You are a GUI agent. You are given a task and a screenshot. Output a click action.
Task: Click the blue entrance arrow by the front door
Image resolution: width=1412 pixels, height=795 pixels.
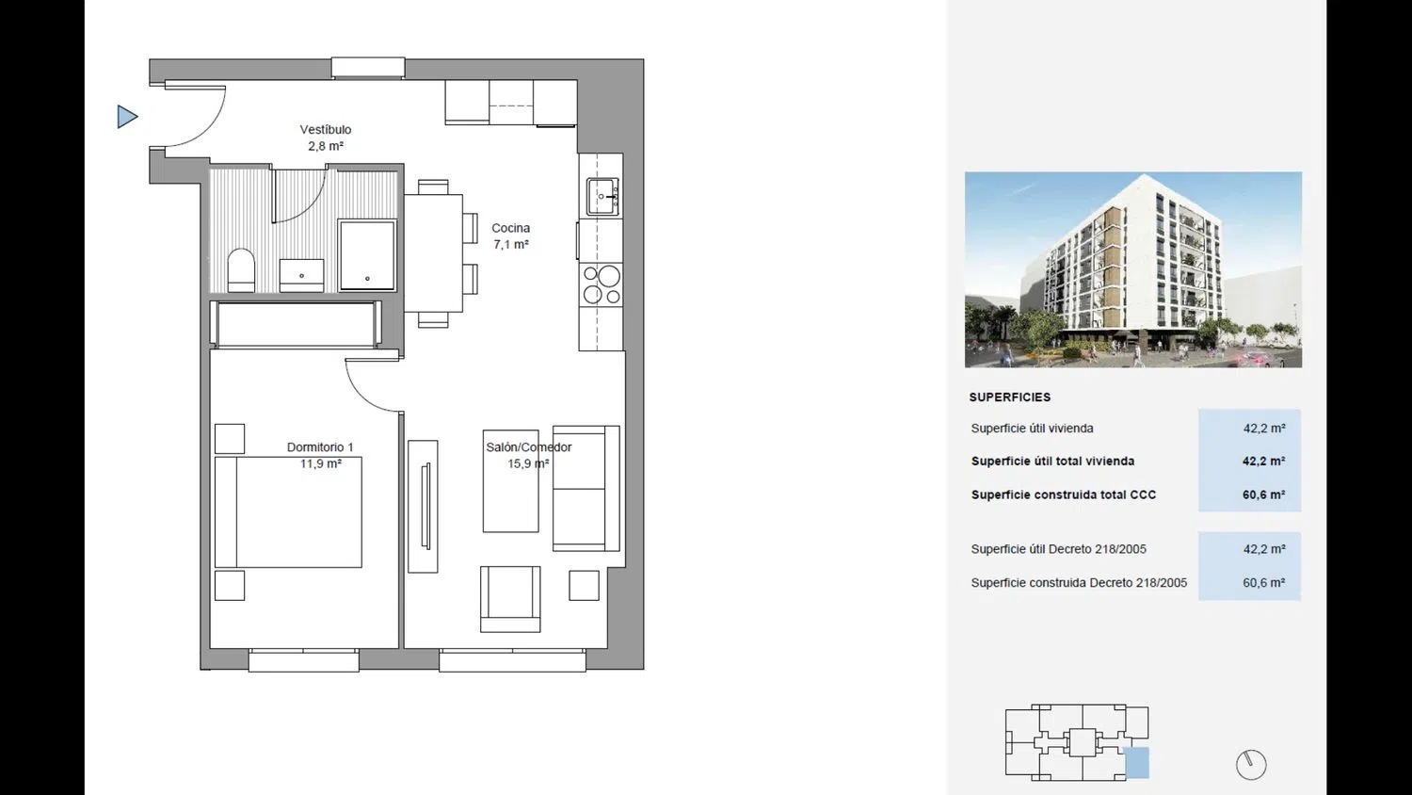pyautogui.click(x=127, y=117)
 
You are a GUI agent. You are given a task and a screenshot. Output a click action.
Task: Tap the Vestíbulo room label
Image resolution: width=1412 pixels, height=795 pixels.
pyautogui.click(x=326, y=130)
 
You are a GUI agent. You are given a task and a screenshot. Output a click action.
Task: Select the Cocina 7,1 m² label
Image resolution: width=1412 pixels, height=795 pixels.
pyautogui.click(x=510, y=236)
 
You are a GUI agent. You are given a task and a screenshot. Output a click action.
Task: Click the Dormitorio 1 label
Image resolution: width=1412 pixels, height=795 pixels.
pyautogui.click(x=320, y=447)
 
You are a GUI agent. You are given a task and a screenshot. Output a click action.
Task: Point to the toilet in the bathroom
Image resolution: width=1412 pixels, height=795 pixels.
pyautogui.click(x=241, y=270)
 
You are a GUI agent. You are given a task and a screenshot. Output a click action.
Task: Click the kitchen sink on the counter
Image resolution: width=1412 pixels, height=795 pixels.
pyautogui.click(x=602, y=196)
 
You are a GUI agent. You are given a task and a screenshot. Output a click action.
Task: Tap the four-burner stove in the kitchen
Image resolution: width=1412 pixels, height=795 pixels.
pyautogui.click(x=602, y=285)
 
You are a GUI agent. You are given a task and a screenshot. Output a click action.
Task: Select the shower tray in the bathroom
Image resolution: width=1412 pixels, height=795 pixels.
pyautogui.click(x=367, y=255)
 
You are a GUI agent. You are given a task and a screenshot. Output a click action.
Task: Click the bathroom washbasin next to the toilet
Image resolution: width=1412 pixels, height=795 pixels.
pyautogui.click(x=301, y=275)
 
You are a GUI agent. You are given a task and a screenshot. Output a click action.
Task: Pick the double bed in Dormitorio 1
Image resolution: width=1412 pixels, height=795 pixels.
pyautogui.click(x=288, y=512)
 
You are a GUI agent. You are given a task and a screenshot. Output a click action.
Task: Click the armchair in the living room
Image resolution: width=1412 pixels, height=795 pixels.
pyautogui.click(x=510, y=599)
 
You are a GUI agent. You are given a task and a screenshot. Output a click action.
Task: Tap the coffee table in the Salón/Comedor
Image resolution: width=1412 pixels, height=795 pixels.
pyautogui.click(x=510, y=481)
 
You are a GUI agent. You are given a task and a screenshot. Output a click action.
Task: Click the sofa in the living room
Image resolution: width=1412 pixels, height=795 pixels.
pyautogui.click(x=586, y=488)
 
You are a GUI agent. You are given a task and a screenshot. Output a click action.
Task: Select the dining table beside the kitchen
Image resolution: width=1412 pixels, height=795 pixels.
pyautogui.click(x=434, y=253)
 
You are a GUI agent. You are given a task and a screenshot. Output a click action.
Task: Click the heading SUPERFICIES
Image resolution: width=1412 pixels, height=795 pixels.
pyautogui.click(x=1010, y=397)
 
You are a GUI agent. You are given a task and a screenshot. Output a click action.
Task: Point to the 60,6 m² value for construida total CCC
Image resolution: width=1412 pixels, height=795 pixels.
pyautogui.click(x=1264, y=495)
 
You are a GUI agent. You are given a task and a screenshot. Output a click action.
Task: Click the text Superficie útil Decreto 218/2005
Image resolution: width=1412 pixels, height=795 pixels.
pyautogui.click(x=1058, y=549)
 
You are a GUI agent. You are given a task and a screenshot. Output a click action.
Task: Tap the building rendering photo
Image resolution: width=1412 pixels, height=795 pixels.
pyautogui.click(x=1132, y=269)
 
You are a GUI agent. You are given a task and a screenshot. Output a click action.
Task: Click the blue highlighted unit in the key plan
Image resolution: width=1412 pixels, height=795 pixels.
pyautogui.click(x=1137, y=762)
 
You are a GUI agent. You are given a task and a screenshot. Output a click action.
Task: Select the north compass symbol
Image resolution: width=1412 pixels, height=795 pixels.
pyautogui.click(x=1251, y=765)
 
